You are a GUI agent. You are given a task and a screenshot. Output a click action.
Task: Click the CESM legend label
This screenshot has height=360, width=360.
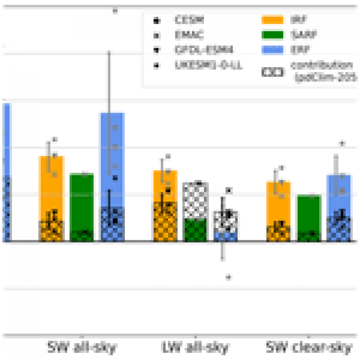click(189, 20)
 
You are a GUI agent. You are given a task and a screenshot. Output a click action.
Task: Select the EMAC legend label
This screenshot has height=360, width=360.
click(189, 35)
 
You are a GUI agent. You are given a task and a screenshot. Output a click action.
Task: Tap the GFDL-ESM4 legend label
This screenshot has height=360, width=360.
click(204, 50)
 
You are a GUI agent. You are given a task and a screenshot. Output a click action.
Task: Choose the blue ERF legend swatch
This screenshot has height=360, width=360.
click(272, 50)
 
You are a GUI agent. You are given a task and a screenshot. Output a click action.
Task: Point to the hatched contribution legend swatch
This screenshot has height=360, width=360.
click(272, 72)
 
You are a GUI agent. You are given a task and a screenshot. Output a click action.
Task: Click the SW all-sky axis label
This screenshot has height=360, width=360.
click(82, 347)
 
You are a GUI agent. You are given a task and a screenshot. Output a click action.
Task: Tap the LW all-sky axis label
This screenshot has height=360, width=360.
click(195, 347)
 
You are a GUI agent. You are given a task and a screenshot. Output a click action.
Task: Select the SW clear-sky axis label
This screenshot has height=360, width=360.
click(309, 347)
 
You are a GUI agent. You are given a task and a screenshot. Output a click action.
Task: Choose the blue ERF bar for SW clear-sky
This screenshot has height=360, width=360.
click(340, 196)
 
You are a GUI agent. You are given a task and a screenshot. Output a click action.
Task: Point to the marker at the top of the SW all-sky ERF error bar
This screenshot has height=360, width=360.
click(115, 11)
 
